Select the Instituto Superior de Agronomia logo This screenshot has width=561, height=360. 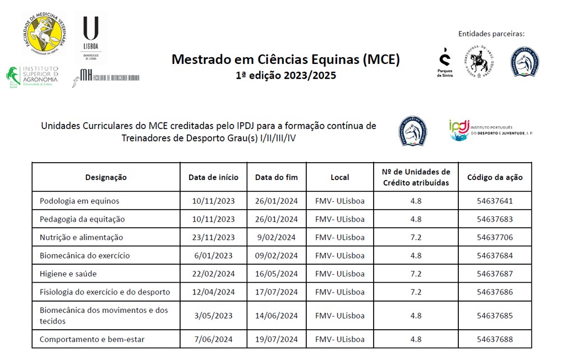[33, 77]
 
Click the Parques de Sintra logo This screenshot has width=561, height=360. [445, 62]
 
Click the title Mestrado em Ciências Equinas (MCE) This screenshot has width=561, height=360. [286, 59]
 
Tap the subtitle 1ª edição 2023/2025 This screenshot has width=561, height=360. [286, 75]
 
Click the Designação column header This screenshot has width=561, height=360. [106, 177]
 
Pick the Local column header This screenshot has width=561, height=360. [340, 177]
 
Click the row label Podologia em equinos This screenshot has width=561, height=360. [80, 201]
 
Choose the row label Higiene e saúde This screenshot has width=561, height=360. [68, 274]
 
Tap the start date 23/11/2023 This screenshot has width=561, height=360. [213, 237]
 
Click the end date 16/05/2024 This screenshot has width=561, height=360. [277, 274]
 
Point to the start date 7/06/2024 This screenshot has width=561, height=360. [213, 339]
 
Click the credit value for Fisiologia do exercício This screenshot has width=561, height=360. [416, 292]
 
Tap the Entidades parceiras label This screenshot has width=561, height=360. [491, 34]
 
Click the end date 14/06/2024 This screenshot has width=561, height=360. [277, 316]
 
